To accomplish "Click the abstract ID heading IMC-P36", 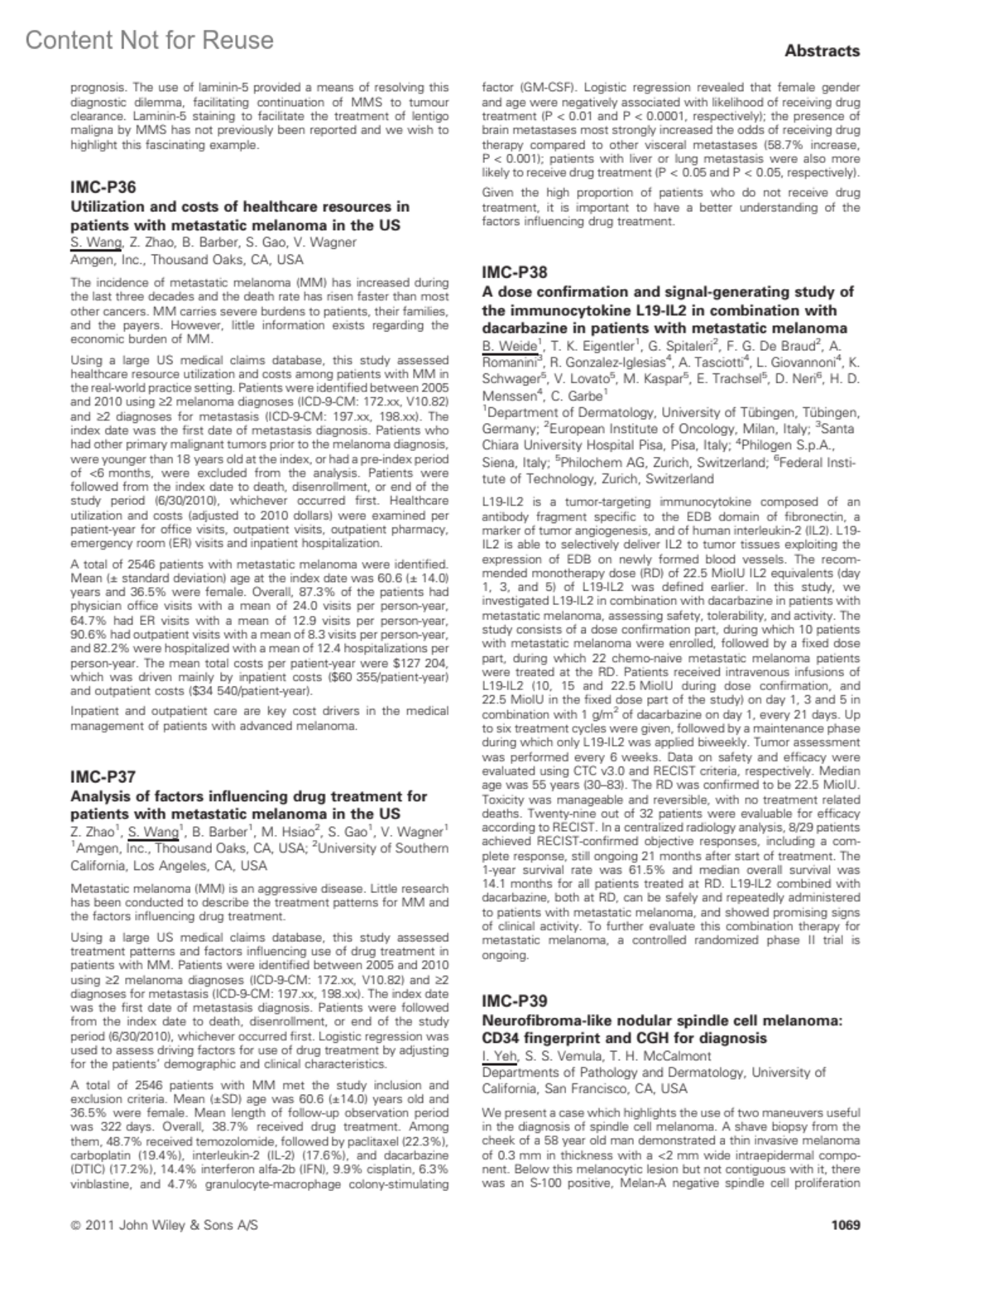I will pos(103,187).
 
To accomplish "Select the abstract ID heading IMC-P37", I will pos(103,776).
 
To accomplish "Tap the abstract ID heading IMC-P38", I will pos(515,272).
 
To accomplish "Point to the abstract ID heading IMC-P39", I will pos(515,1001).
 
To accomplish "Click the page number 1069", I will pos(845,1224).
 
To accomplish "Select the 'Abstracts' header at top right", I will pos(822,50).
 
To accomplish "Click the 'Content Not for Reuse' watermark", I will pos(149,40).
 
